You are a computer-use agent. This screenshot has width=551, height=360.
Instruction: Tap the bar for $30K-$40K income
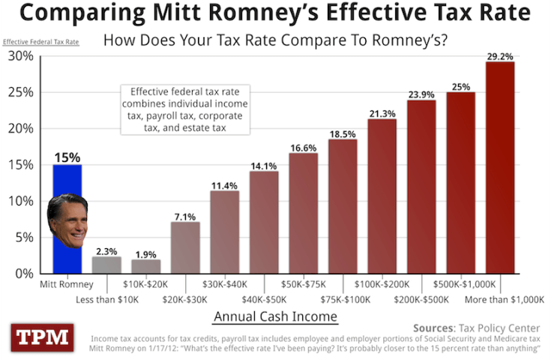(x=224, y=232)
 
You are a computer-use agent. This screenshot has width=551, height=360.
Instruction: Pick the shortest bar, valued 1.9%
(x=145, y=266)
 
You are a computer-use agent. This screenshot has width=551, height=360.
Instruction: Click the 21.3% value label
(x=382, y=113)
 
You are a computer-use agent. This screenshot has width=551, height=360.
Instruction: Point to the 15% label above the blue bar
(x=67, y=157)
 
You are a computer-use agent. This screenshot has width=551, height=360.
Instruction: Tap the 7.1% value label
(x=185, y=217)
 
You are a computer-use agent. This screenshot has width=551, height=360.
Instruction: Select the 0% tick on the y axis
(x=23, y=274)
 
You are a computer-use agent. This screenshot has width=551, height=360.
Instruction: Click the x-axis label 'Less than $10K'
(x=106, y=299)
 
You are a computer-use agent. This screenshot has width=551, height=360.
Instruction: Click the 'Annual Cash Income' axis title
(x=275, y=317)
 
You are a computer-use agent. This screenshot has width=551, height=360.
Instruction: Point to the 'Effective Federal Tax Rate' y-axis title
(x=41, y=41)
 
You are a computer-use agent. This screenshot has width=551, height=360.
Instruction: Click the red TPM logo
(x=42, y=338)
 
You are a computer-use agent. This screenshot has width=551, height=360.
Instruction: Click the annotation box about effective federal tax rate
(x=185, y=109)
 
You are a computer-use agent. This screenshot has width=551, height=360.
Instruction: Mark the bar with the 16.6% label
(x=303, y=214)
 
